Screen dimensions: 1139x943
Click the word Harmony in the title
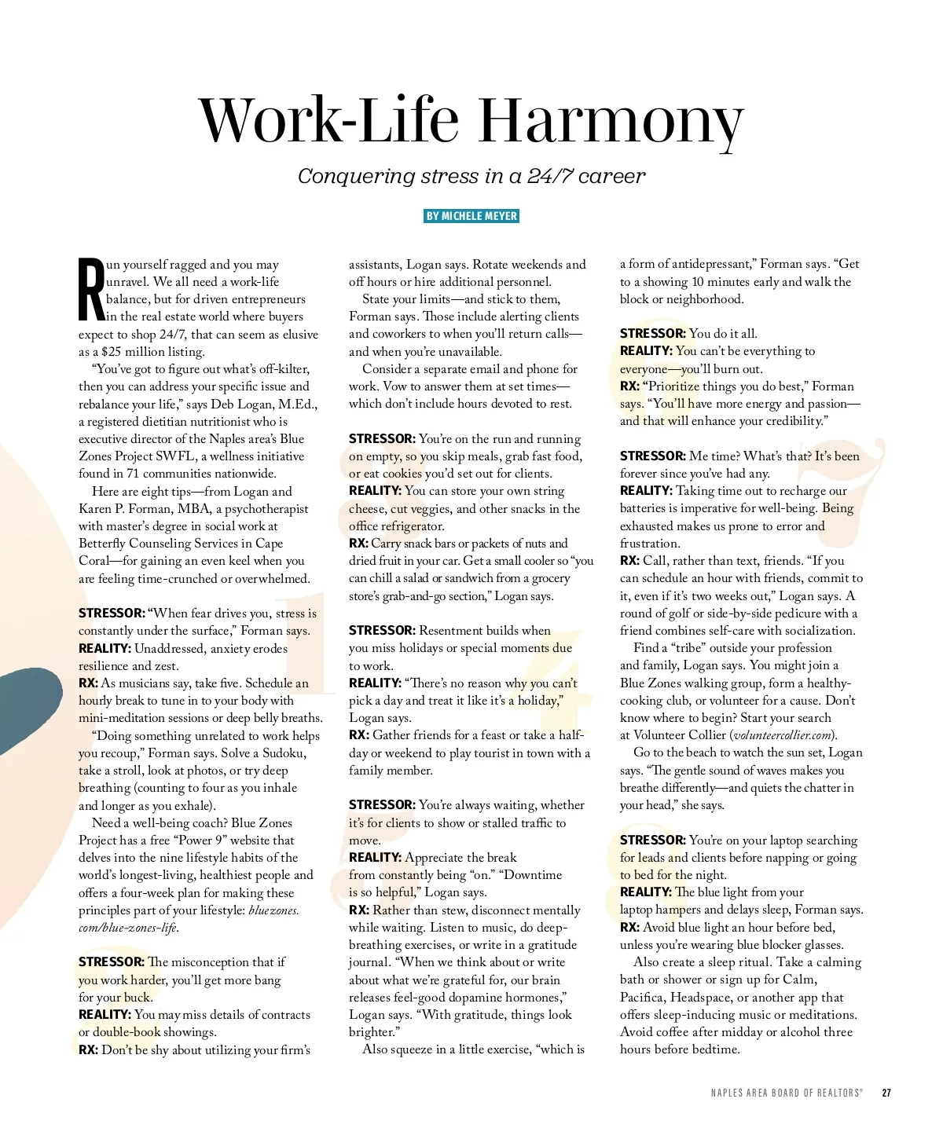611,121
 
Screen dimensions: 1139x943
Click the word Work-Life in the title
329,121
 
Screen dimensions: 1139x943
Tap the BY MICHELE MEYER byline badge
472,216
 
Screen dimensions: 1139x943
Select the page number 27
886,1093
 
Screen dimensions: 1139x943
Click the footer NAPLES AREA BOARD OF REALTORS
786,1093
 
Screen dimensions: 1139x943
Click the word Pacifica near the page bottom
642,997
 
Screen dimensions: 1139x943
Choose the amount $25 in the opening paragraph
111,351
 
